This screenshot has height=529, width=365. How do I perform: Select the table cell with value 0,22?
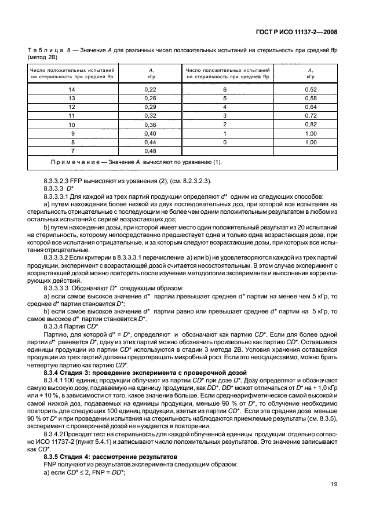[151, 89]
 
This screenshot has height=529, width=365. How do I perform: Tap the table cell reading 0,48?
[151, 151]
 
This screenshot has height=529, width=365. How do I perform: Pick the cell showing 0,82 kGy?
[311, 124]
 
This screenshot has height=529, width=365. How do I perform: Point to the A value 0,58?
[311, 98]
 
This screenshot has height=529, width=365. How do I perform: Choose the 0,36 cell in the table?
[151, 124]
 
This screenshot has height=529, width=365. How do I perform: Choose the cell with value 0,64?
[311, 107]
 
